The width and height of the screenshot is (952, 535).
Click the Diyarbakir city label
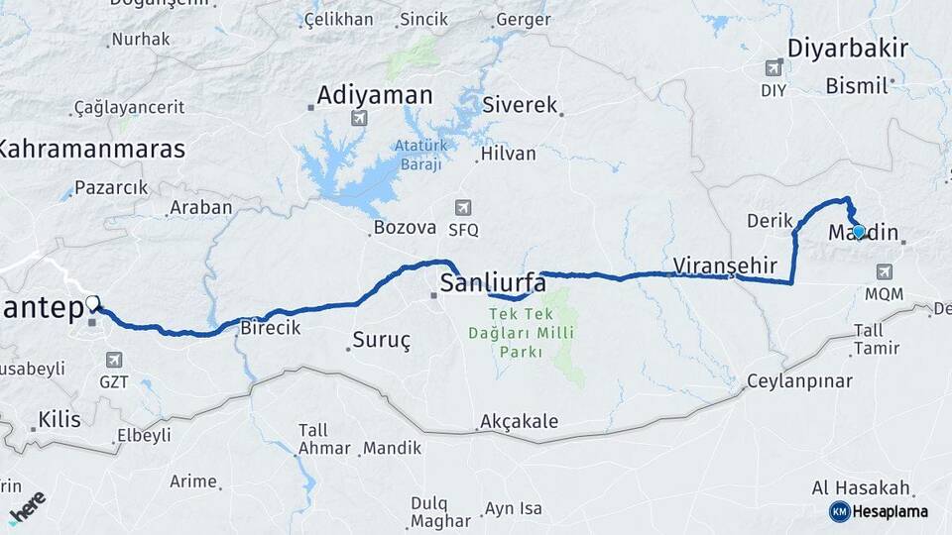tap(848, 48)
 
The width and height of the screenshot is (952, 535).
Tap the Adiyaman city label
tap(375, 96)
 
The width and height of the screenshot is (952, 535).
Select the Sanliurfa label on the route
tap(492, 283)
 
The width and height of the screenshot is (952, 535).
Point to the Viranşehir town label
tap(722, 265)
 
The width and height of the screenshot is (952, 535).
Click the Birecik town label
tap(271, 329)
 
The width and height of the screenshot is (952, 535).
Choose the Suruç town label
tap(384, 341)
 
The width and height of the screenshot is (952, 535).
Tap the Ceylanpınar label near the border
tap(799, 381)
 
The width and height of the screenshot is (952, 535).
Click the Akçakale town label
tap(519, 422)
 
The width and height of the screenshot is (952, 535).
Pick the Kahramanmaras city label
tap(91, 150)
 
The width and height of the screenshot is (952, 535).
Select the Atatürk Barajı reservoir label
tap(417, 155)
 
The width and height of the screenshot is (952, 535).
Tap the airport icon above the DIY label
tap(773, 68)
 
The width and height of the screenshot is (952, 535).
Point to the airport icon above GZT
tap(114, 360)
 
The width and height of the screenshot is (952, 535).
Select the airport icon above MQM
tap(883, 272)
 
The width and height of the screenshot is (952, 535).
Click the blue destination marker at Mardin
tap(859, 232)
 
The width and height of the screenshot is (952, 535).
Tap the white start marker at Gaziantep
tap(92, 303)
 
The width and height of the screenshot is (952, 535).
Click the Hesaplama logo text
tap(890, 511)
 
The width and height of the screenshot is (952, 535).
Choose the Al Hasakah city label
tap(861, 487)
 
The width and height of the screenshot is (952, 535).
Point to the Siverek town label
tap(521, 105)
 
